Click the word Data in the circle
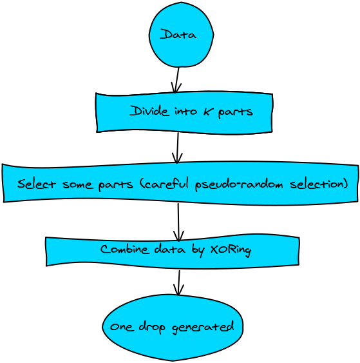coord(178,34)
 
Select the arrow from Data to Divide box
coord(177,80)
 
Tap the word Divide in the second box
coord(149,111)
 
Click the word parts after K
coord(235,113)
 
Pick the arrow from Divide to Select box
coord(177,148)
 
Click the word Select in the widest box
coord(37,184)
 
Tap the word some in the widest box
coord(77,185)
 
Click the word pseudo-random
coord(239,185)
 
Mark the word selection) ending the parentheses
coord(319,184)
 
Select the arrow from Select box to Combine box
coord(178,222)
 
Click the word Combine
coord(124,250)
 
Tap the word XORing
coord(231,250)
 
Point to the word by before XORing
coord(198,251)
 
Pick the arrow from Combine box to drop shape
coord(179,283)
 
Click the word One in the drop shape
coord(122,327)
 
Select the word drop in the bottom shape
coord(152,328)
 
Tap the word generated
coord(203,328)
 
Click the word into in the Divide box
coord(186,111)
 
